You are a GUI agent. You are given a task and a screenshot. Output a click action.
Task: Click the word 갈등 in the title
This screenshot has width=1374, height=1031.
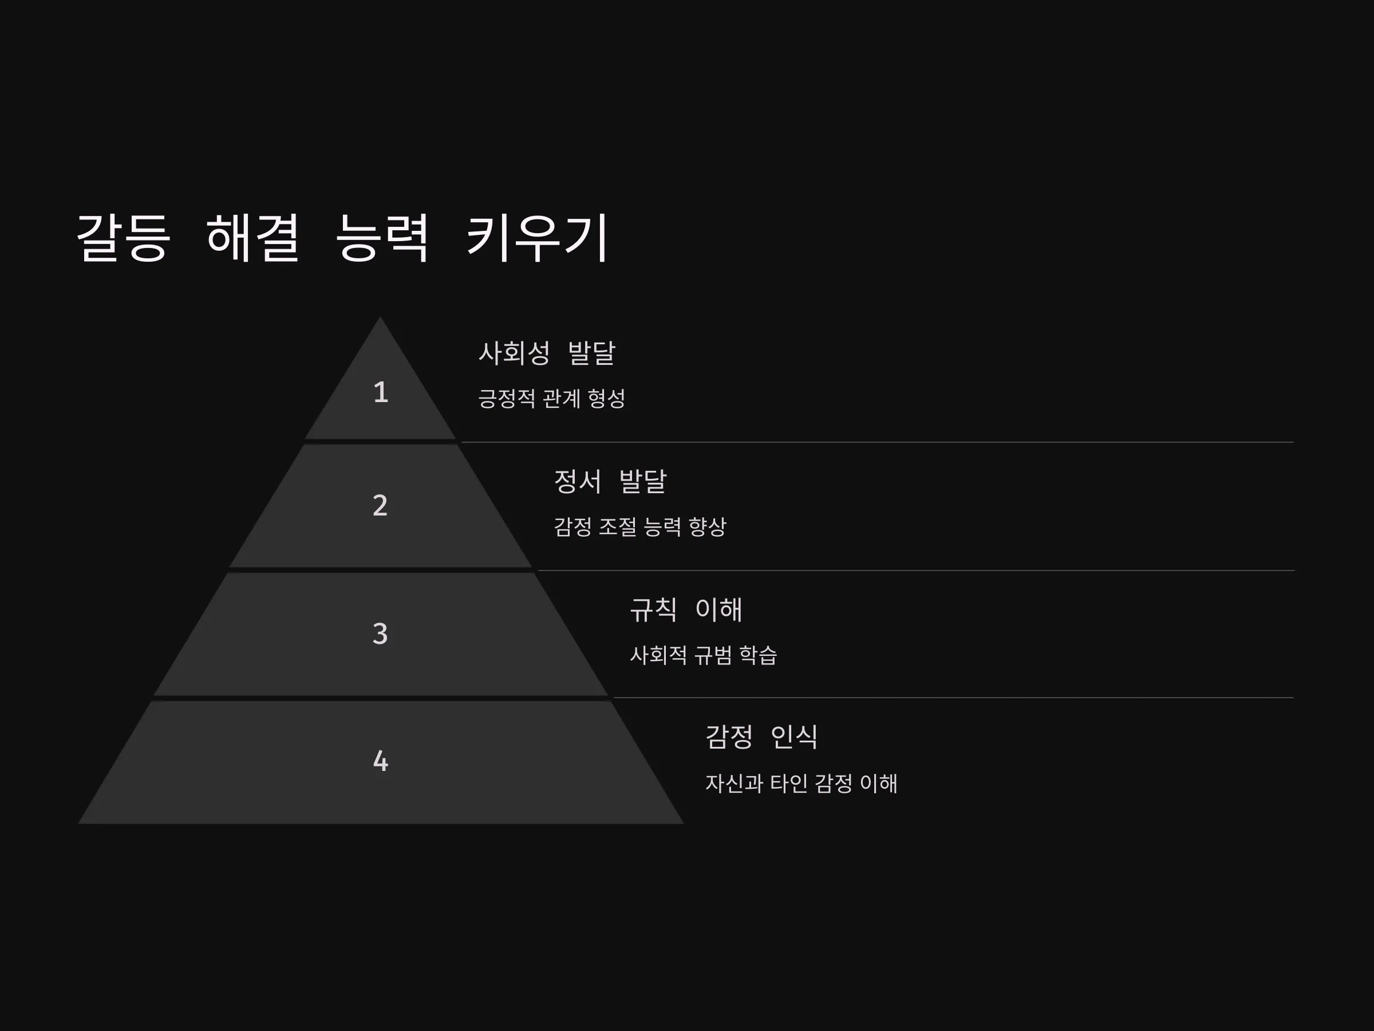pos(123,237)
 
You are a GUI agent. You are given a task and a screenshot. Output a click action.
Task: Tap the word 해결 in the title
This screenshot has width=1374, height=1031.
pos(253,237)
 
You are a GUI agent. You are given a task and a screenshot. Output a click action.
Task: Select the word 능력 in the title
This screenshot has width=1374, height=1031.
pos(381,237)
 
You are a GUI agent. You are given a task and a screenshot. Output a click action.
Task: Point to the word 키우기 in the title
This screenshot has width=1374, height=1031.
pos(536,237)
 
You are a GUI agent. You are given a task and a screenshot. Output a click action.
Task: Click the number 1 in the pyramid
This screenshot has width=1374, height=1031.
pos(381,393)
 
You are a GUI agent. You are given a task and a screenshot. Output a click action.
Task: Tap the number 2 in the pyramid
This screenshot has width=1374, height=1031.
pos(380,505)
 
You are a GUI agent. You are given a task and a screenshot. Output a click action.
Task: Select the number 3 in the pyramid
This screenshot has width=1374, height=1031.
pos(380,634)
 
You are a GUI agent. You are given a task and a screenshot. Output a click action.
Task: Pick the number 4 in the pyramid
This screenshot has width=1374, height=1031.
pos(380,761)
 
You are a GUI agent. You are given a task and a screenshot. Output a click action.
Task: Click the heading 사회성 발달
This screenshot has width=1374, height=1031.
pos(547,353)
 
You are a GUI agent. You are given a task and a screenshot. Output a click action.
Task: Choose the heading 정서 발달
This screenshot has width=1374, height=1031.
pos(610,482)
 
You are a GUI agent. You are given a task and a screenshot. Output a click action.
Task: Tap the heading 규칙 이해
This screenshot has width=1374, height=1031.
pos(686,609)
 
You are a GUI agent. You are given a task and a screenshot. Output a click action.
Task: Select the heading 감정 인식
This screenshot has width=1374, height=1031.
pos(761,737)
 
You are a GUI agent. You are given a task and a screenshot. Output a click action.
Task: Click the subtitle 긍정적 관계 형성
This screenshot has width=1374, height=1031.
pos(551,398)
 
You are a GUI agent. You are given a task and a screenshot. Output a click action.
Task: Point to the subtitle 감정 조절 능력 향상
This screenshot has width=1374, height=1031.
pos(640,527)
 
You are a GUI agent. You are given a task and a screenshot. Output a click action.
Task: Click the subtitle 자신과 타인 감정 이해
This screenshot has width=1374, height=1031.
pos(801,783)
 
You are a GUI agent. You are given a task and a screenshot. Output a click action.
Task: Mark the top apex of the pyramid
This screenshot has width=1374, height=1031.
pos(380,317)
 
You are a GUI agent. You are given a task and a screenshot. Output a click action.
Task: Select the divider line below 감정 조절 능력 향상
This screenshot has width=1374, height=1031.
pos(916,570)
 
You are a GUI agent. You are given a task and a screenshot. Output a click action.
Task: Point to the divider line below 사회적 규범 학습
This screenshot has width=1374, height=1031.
pos(953,698)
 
